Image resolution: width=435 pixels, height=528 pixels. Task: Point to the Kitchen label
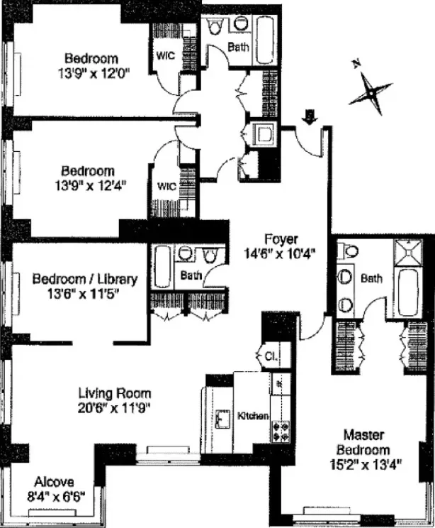coord(253,415)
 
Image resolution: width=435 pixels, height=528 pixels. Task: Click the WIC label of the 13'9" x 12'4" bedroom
coord(166,187)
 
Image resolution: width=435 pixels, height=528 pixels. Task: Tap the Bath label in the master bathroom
coord(372,279)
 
